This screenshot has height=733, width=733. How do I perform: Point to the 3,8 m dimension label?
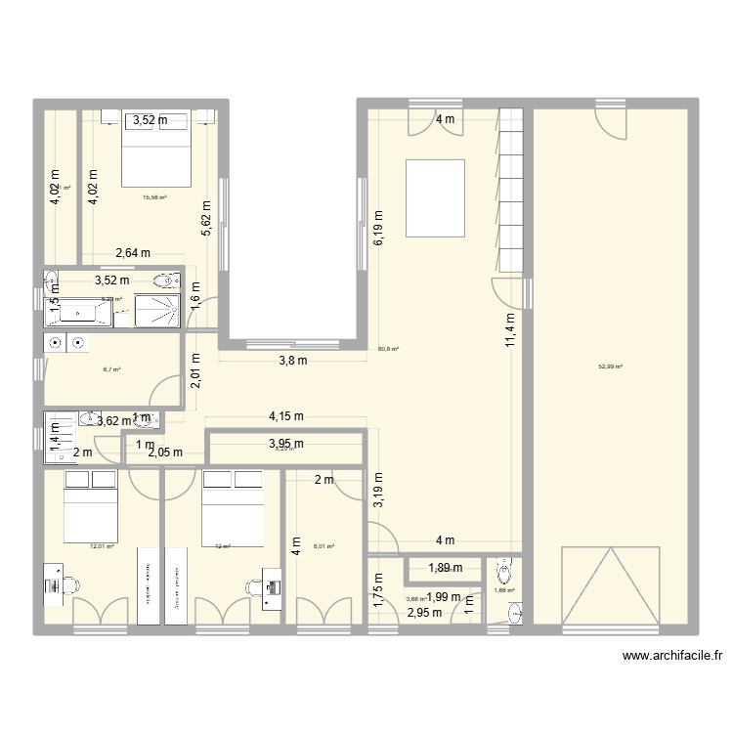293,360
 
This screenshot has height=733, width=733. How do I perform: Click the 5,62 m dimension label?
206,220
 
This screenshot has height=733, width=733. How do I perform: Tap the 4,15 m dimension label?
286,416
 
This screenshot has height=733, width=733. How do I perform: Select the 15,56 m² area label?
154,198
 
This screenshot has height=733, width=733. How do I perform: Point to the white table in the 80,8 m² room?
436,198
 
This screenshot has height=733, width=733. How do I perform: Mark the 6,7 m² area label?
110,370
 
